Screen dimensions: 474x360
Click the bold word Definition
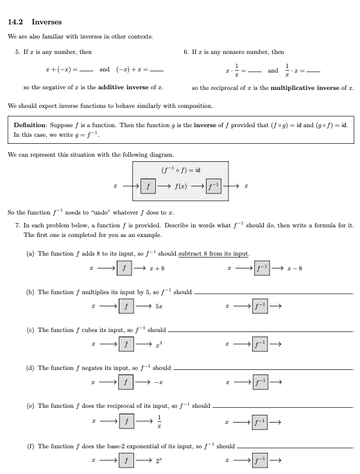pyautogui.click(x=30, y=126)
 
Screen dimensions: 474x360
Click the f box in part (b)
pyautogui.click(x=128, y=306)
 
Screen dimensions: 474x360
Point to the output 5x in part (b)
pyautogui.click(x=159, y=307)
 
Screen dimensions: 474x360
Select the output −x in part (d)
pyautogui.click(x=159, y=383)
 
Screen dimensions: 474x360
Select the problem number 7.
pyautogui.click(x=17, y=226)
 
